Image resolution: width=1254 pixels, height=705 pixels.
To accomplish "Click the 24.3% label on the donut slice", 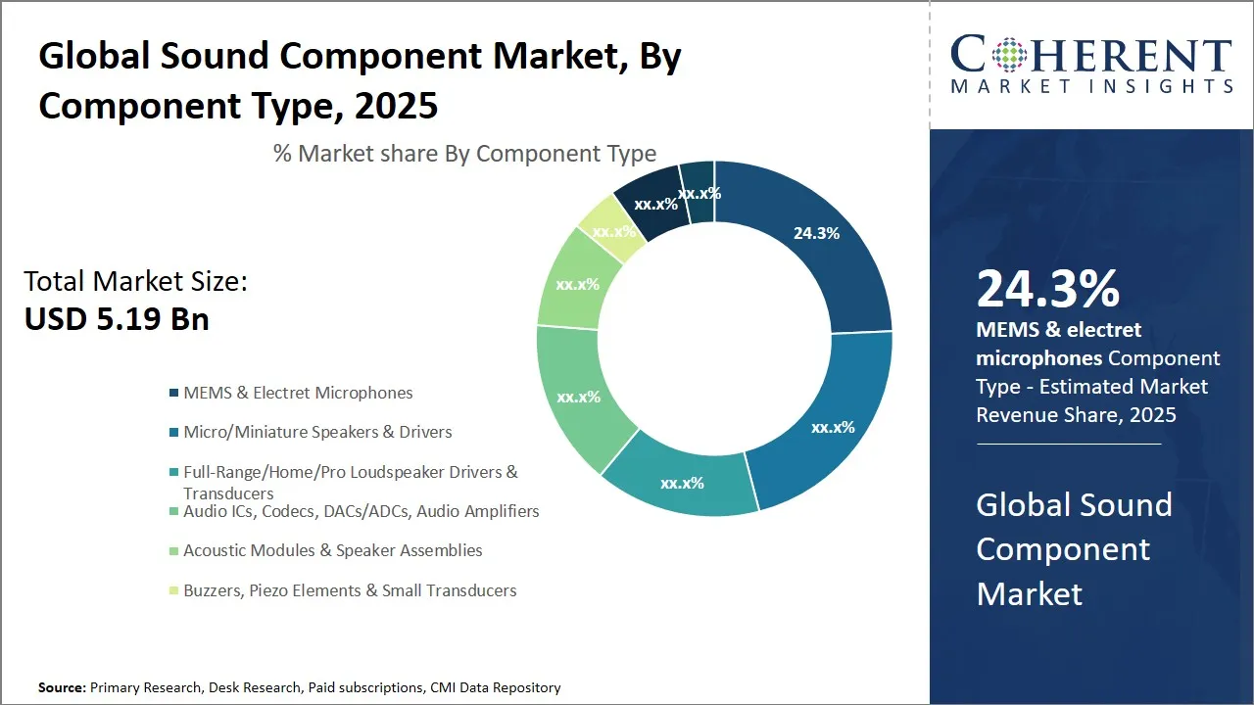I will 815,233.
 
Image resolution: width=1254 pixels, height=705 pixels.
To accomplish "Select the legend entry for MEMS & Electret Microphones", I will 298,393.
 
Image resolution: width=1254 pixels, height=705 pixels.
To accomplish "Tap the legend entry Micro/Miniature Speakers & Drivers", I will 317,432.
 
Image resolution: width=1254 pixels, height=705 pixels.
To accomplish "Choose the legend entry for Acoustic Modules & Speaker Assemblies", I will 332,550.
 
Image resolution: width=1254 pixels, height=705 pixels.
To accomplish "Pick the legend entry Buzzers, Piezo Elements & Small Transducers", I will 350,590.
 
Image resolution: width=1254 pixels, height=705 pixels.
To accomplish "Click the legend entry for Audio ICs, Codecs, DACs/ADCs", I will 361,511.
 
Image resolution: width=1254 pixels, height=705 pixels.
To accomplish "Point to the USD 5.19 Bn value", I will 117,319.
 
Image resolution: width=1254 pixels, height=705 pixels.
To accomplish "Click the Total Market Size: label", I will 136,282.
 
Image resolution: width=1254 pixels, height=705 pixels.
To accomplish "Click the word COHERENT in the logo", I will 1091,55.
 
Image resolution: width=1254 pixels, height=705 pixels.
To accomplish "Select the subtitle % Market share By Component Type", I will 464,154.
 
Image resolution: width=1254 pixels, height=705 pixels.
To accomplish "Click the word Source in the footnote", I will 61,687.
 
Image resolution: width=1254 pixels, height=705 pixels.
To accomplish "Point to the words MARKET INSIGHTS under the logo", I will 1091,87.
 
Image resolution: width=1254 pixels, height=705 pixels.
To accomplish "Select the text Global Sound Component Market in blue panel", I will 1074,548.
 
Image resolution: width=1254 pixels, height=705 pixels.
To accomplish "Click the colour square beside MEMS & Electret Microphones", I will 174,393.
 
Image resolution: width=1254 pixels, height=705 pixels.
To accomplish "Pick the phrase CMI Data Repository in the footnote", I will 495,687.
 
